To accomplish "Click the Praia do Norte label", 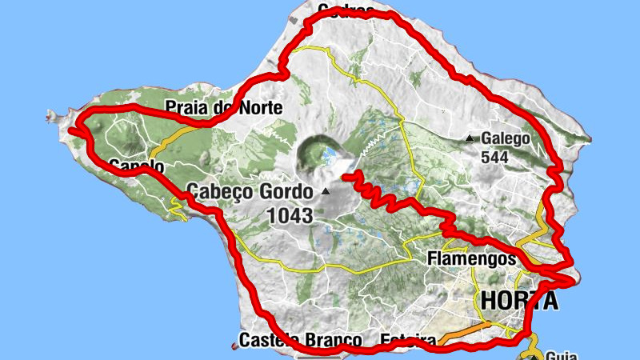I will point(224,107).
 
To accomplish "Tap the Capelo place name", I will point(136,166).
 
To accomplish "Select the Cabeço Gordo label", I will point(251,192).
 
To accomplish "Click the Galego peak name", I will point(506,138).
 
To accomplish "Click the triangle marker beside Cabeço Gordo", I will point(326,192).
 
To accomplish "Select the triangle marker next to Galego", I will point(470,138).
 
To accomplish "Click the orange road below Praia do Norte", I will point(171,137).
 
